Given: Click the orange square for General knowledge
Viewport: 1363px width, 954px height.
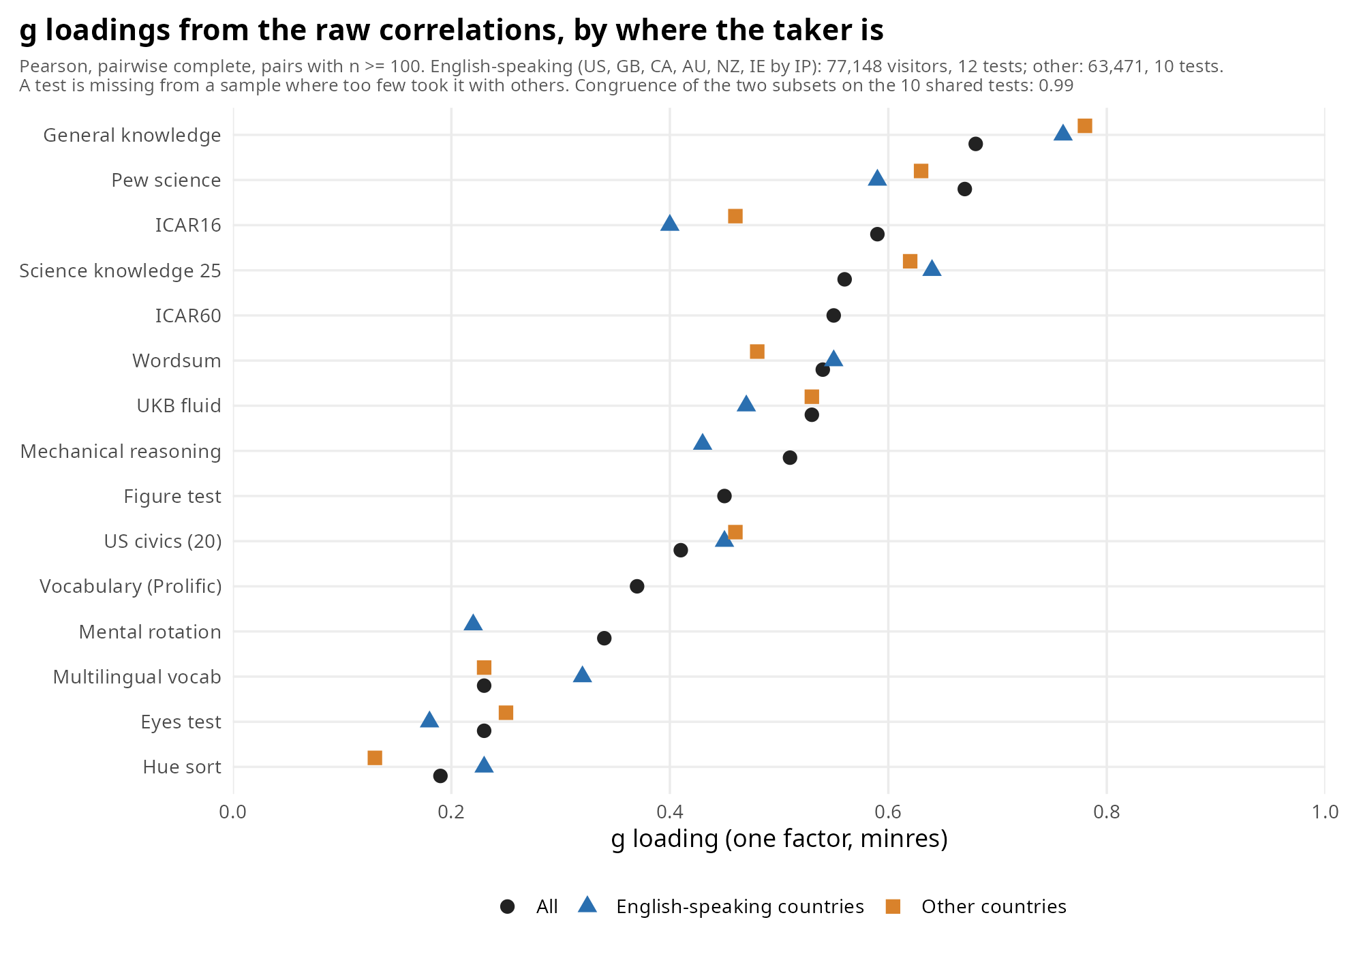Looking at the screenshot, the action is pyautogui.click(x=1085, y=126).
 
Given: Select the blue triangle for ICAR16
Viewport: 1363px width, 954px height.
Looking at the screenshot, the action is pyautogui.click(x=670, y=223).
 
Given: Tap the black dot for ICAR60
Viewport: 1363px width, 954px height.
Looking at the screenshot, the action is pyautogui.click(x=833, y=316).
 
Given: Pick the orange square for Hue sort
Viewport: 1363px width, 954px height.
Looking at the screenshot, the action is pyautogui.click(x=375, y=758).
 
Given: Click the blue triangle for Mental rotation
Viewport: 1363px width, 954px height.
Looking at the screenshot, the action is pyautogui.click(x=473, y=622).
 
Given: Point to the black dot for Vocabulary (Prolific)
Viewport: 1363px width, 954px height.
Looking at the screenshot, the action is pyautogui.click(x=637, y=587).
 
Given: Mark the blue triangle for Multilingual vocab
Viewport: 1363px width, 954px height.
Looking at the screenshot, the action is pyautogui.click(x=583, y=675).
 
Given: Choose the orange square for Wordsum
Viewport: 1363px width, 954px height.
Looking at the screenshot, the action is pyautogui.click(x=757, y=352).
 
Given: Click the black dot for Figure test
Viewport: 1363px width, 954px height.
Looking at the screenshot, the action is pyautogui.click(x=724, y=496).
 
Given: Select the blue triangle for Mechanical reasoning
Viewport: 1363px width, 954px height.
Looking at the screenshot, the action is pyautogui.click(x=703, y=442).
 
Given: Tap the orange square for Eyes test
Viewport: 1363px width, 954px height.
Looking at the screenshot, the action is pyautogui.click(x=506, y=713).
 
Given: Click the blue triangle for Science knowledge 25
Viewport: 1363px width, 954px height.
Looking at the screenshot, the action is pyautogui.click(x=932, y=268).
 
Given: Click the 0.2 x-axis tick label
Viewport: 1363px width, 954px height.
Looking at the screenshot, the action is pyautogui.click(x=451, y=812).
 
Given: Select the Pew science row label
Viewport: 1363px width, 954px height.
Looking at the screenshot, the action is pyautogui.click(x=166, y=181).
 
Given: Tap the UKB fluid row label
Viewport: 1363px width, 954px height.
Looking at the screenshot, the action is pyautogui.click(x=179, y=406).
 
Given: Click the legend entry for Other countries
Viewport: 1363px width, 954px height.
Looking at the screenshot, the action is pyautogui.click(x=976, y=906).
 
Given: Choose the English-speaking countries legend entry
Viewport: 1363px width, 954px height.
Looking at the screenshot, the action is pyautogui.click(x=721, y=906).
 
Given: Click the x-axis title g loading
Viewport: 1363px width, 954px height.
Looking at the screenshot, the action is pyautogui.click(x=780, y=839).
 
